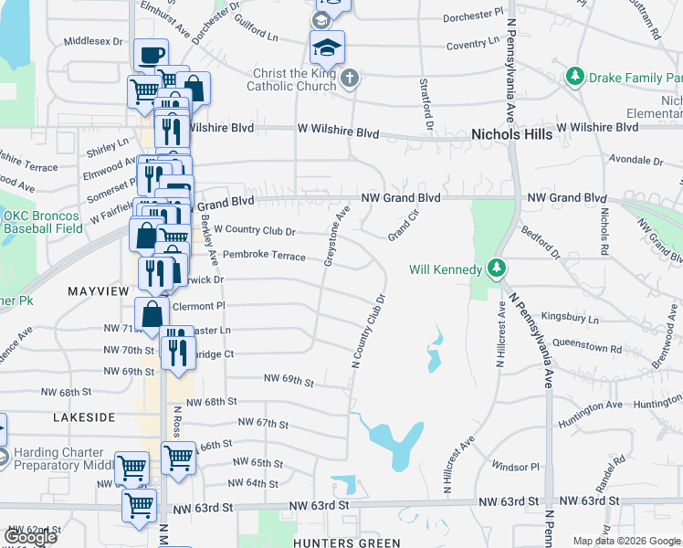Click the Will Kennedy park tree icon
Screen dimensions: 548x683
point(496,269)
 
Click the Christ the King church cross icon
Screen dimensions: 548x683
point(350,79)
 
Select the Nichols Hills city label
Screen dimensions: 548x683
point(511,134)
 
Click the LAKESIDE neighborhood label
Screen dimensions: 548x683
point(84,416)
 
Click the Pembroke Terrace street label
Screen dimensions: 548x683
point(264,257)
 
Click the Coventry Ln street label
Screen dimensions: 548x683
point(473,43)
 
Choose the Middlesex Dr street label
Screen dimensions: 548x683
point(93,41)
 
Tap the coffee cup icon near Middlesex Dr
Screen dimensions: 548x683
point(151,53)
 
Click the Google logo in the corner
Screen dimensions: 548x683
point(31,537)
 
